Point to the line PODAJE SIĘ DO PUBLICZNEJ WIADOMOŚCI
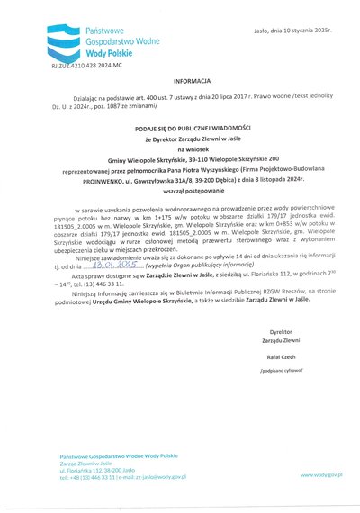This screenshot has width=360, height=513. [181, 130]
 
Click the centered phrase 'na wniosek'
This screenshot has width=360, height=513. [180, 148]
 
